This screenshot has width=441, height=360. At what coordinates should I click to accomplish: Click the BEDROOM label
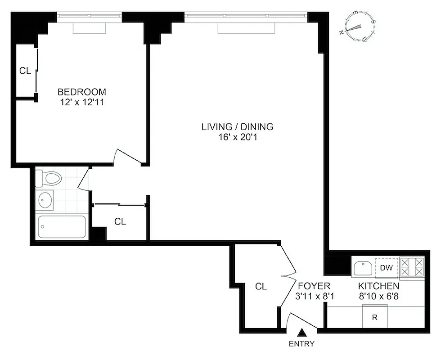point(81,92)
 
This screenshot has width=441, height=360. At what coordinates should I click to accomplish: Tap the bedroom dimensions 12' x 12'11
point(81,102)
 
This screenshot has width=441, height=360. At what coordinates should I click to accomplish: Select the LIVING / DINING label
point(237,127)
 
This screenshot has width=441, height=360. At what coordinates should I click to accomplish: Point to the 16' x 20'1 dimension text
point(237,137)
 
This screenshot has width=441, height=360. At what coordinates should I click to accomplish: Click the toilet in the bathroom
point(48,179)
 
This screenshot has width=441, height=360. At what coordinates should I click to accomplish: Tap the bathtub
point(62,227)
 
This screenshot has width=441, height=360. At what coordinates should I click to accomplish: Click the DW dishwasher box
point(387,268)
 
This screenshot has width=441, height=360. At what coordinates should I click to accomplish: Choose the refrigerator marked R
point(375,317)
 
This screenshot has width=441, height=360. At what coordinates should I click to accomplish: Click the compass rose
point(360,27)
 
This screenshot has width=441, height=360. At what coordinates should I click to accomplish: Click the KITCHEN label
point(378,286)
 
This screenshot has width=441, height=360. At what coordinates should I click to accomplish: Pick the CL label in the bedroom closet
point(25,71)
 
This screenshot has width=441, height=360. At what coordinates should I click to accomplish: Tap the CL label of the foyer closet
point(261,286)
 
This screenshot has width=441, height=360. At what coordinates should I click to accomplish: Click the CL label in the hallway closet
point(120,221)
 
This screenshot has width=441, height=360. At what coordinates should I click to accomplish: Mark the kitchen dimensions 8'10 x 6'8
point(378,296)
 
